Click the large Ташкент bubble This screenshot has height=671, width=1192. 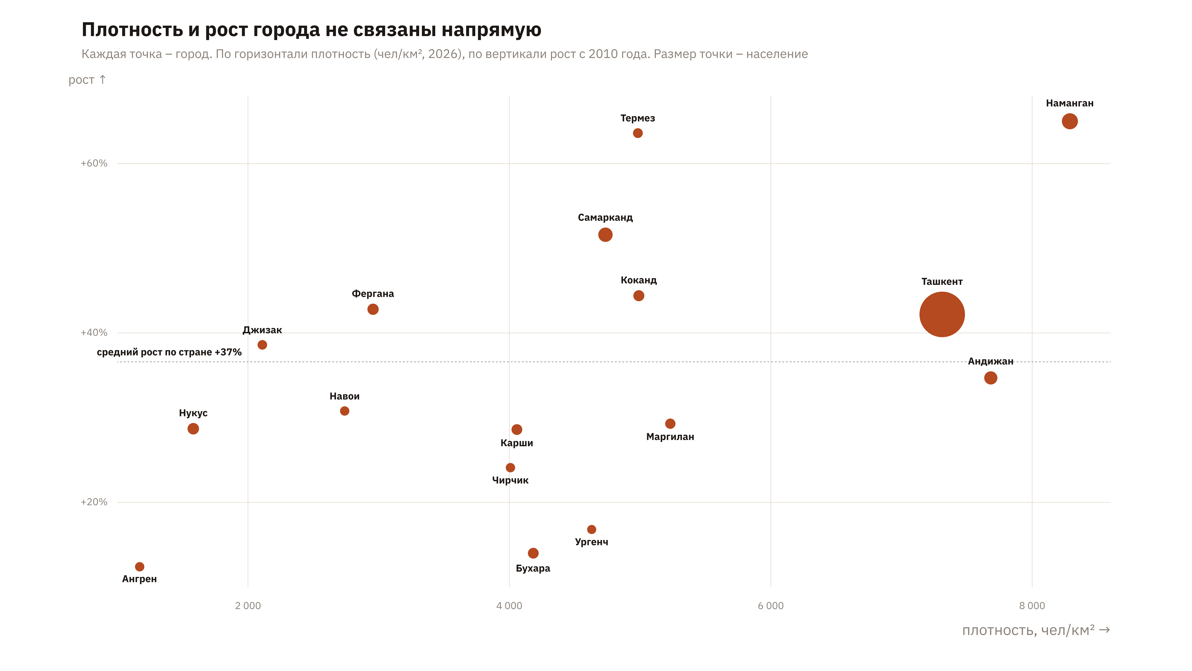[942, 314]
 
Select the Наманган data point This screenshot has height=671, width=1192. [1069, 121]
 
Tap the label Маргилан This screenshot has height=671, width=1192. [670, 437]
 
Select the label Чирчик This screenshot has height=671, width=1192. [510, 480]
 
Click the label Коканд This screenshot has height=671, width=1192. [639, 280]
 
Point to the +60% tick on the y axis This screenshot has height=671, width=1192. [94, 163]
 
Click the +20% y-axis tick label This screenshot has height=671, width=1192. [94, 502]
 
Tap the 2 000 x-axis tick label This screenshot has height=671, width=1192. [248, 606]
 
